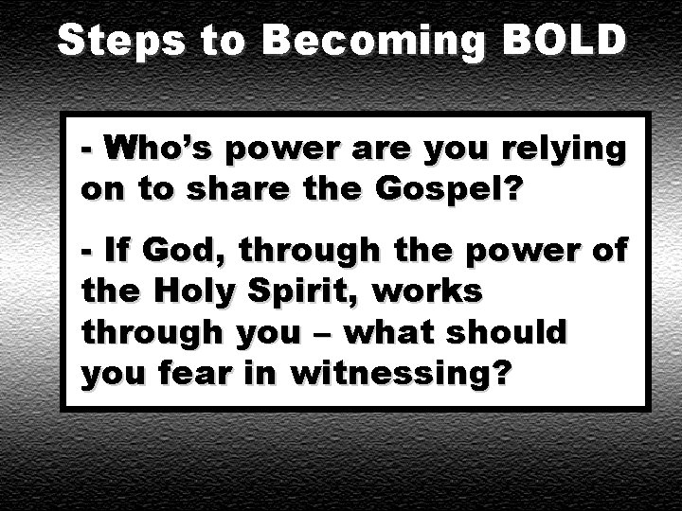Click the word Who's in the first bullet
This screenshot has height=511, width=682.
pos(153,150)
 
